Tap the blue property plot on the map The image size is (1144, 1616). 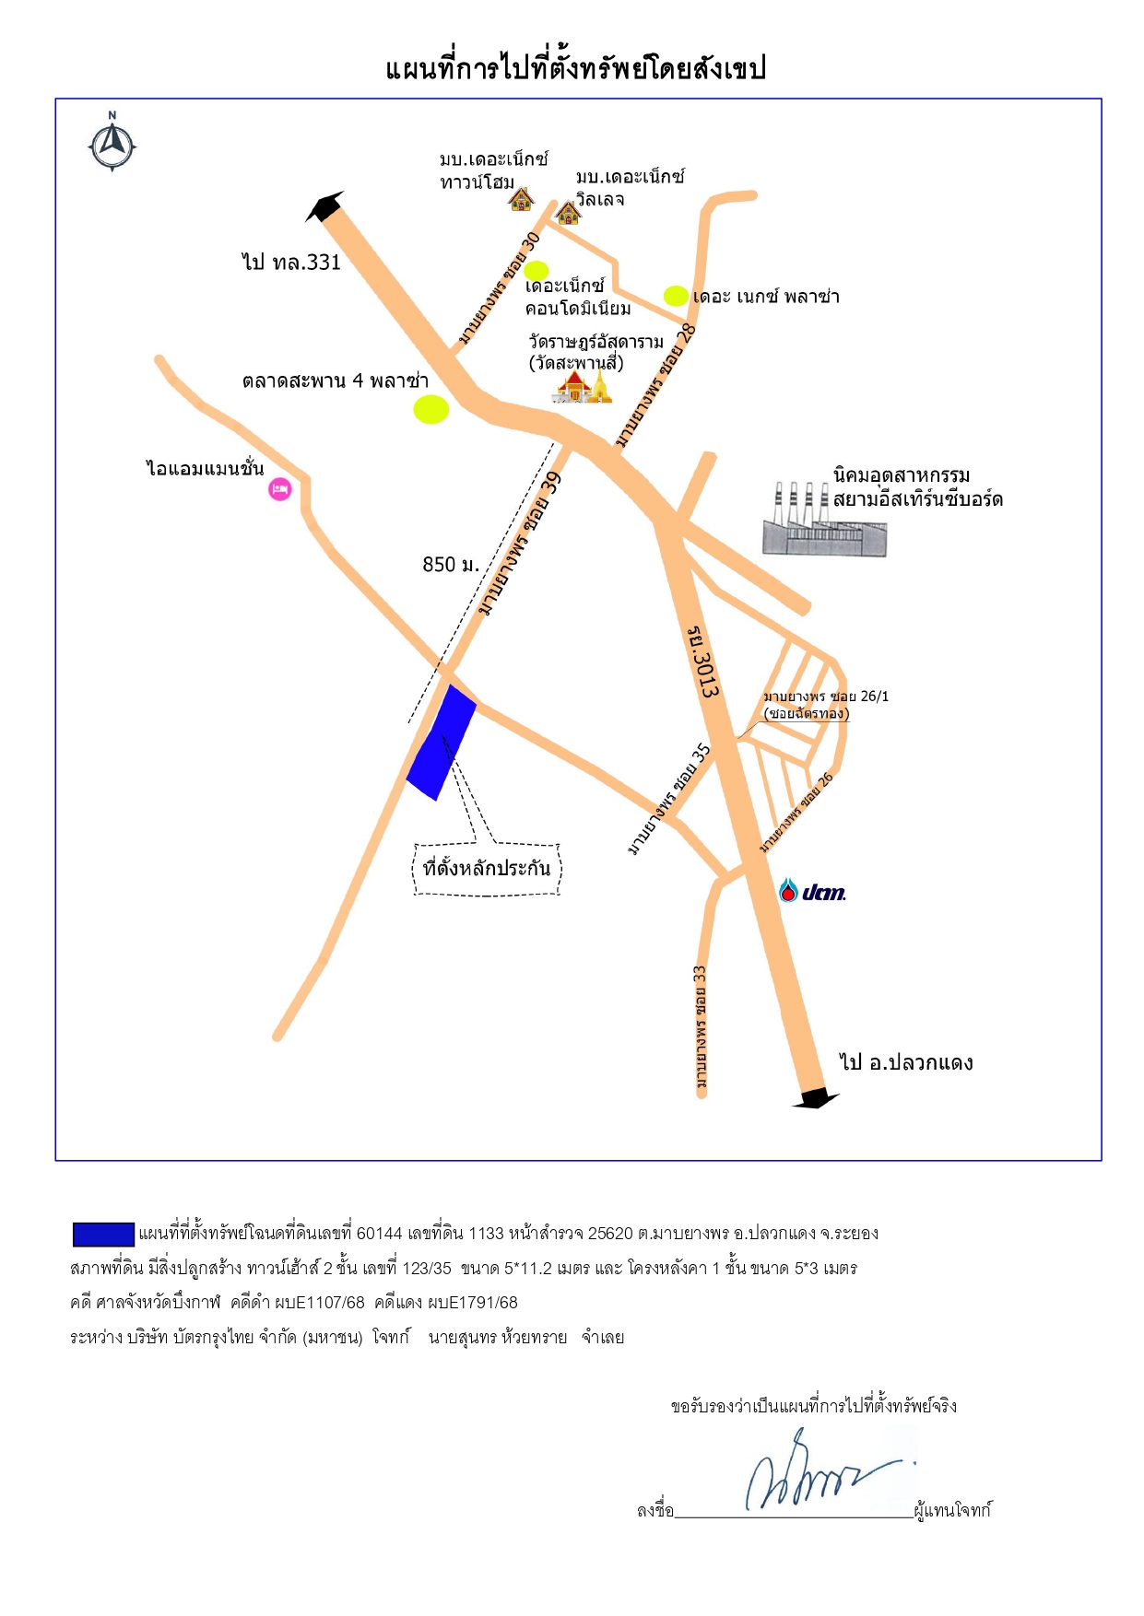coord(442,743)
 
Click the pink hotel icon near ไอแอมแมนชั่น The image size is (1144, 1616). coord(280,489)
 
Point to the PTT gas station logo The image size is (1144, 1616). coord(811,891)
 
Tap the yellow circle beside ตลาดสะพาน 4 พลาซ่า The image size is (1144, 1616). coord(430,409)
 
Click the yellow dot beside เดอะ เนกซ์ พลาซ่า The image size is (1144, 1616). coord(676,296)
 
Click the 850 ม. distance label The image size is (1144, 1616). coord(451,564)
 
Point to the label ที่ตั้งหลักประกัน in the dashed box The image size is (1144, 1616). coord(487,868)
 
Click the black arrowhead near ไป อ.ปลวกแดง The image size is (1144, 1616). coord(816,1098)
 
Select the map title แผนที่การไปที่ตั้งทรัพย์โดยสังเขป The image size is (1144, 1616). coord(576,68)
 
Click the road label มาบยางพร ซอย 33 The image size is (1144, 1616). coord(702,1026)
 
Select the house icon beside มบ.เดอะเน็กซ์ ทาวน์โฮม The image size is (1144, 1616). coord(521,198)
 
